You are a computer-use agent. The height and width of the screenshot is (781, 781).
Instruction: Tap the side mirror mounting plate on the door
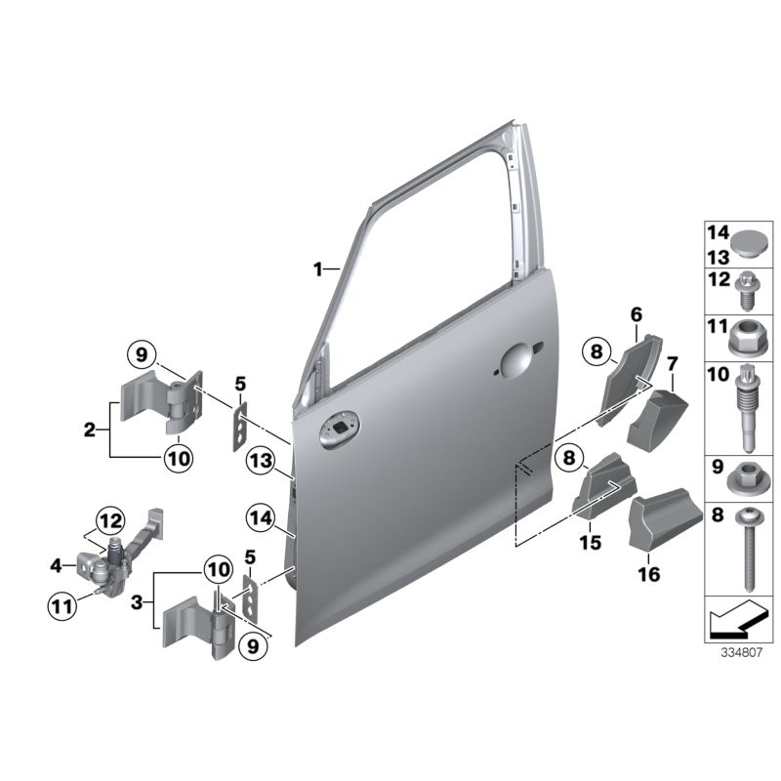[x=340, y=429]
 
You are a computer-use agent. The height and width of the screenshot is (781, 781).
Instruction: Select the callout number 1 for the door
[x=318, y=269]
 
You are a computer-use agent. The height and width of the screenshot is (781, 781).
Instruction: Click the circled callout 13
[x=261, y=461]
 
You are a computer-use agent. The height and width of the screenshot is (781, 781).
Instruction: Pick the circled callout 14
[x=261, y=518]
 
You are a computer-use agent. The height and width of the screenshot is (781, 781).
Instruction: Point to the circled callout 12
[x=110, y=521]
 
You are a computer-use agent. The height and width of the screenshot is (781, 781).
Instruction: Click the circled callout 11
[x=62, y=606]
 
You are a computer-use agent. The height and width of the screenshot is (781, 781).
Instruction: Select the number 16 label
[x=649, y=574]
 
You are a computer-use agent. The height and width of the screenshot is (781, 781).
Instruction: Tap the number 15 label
[x=591, y=542]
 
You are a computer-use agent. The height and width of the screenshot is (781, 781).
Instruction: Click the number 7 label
[x=673, y=364]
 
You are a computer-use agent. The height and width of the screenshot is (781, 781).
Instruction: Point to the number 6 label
[x=637, y=314]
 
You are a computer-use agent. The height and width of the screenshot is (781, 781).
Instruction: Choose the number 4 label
[x=57, y=566]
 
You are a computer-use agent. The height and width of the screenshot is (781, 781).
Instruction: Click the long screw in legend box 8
[x=746, y=549]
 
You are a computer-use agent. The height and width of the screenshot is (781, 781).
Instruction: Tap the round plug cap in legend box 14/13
[x=750, y=244]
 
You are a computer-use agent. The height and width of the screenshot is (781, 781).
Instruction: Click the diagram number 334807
[x=742, y=652]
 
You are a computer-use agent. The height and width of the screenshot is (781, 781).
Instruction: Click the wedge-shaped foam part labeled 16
[x=665, y=518]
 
